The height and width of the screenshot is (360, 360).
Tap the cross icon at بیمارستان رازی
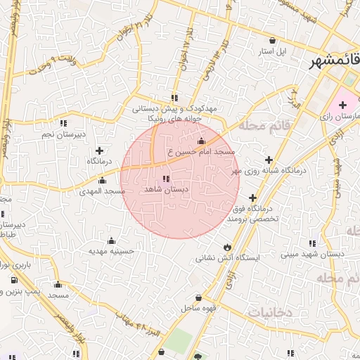(x=342, y=105)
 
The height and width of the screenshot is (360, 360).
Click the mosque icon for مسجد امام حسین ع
(x=202, y=141)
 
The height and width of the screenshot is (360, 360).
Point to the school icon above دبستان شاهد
(x=166, y=179)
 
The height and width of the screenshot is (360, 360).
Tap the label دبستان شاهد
(x=163, y=190)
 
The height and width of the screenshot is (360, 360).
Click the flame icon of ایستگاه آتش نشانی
(x=226, y=246)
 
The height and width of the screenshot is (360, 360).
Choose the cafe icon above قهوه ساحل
(x=199, y=297)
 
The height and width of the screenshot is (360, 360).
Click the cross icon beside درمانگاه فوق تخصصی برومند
(x=252, y=198)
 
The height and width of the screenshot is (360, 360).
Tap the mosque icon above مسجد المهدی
(x=103, y=180)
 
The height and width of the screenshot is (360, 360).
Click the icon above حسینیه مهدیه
(x=111, y=240)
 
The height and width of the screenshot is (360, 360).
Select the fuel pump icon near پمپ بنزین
(x=13, y=279)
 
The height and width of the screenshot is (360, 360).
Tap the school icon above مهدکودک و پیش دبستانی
(x=174, y=98)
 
